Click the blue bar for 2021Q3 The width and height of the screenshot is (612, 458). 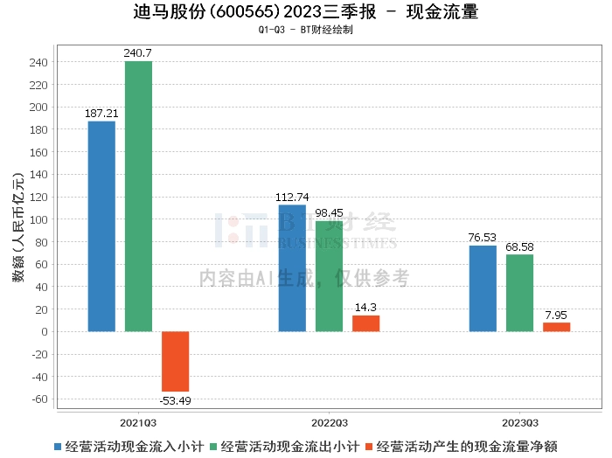(x=101, y=226)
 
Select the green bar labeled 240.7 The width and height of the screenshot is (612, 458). (x=138, y=197)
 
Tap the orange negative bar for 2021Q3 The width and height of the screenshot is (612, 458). (x=175, y=361)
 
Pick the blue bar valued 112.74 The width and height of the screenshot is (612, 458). (x=292, y=268)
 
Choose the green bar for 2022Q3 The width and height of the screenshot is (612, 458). (x=329, y=276)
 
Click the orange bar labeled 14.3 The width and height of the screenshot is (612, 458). (x=365, y=323)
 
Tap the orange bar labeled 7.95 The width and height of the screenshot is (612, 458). (x=556, y=327)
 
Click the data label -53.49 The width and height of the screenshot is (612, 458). (x=175, y=400)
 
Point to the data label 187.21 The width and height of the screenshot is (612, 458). (x=101, y=114)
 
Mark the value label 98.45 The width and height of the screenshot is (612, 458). (x=329, y=212)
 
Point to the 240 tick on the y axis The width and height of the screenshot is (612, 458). (x=40, y=62)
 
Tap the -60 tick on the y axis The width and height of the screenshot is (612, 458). (x=40, y=399)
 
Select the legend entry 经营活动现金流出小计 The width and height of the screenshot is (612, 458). (x=289, y=446)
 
